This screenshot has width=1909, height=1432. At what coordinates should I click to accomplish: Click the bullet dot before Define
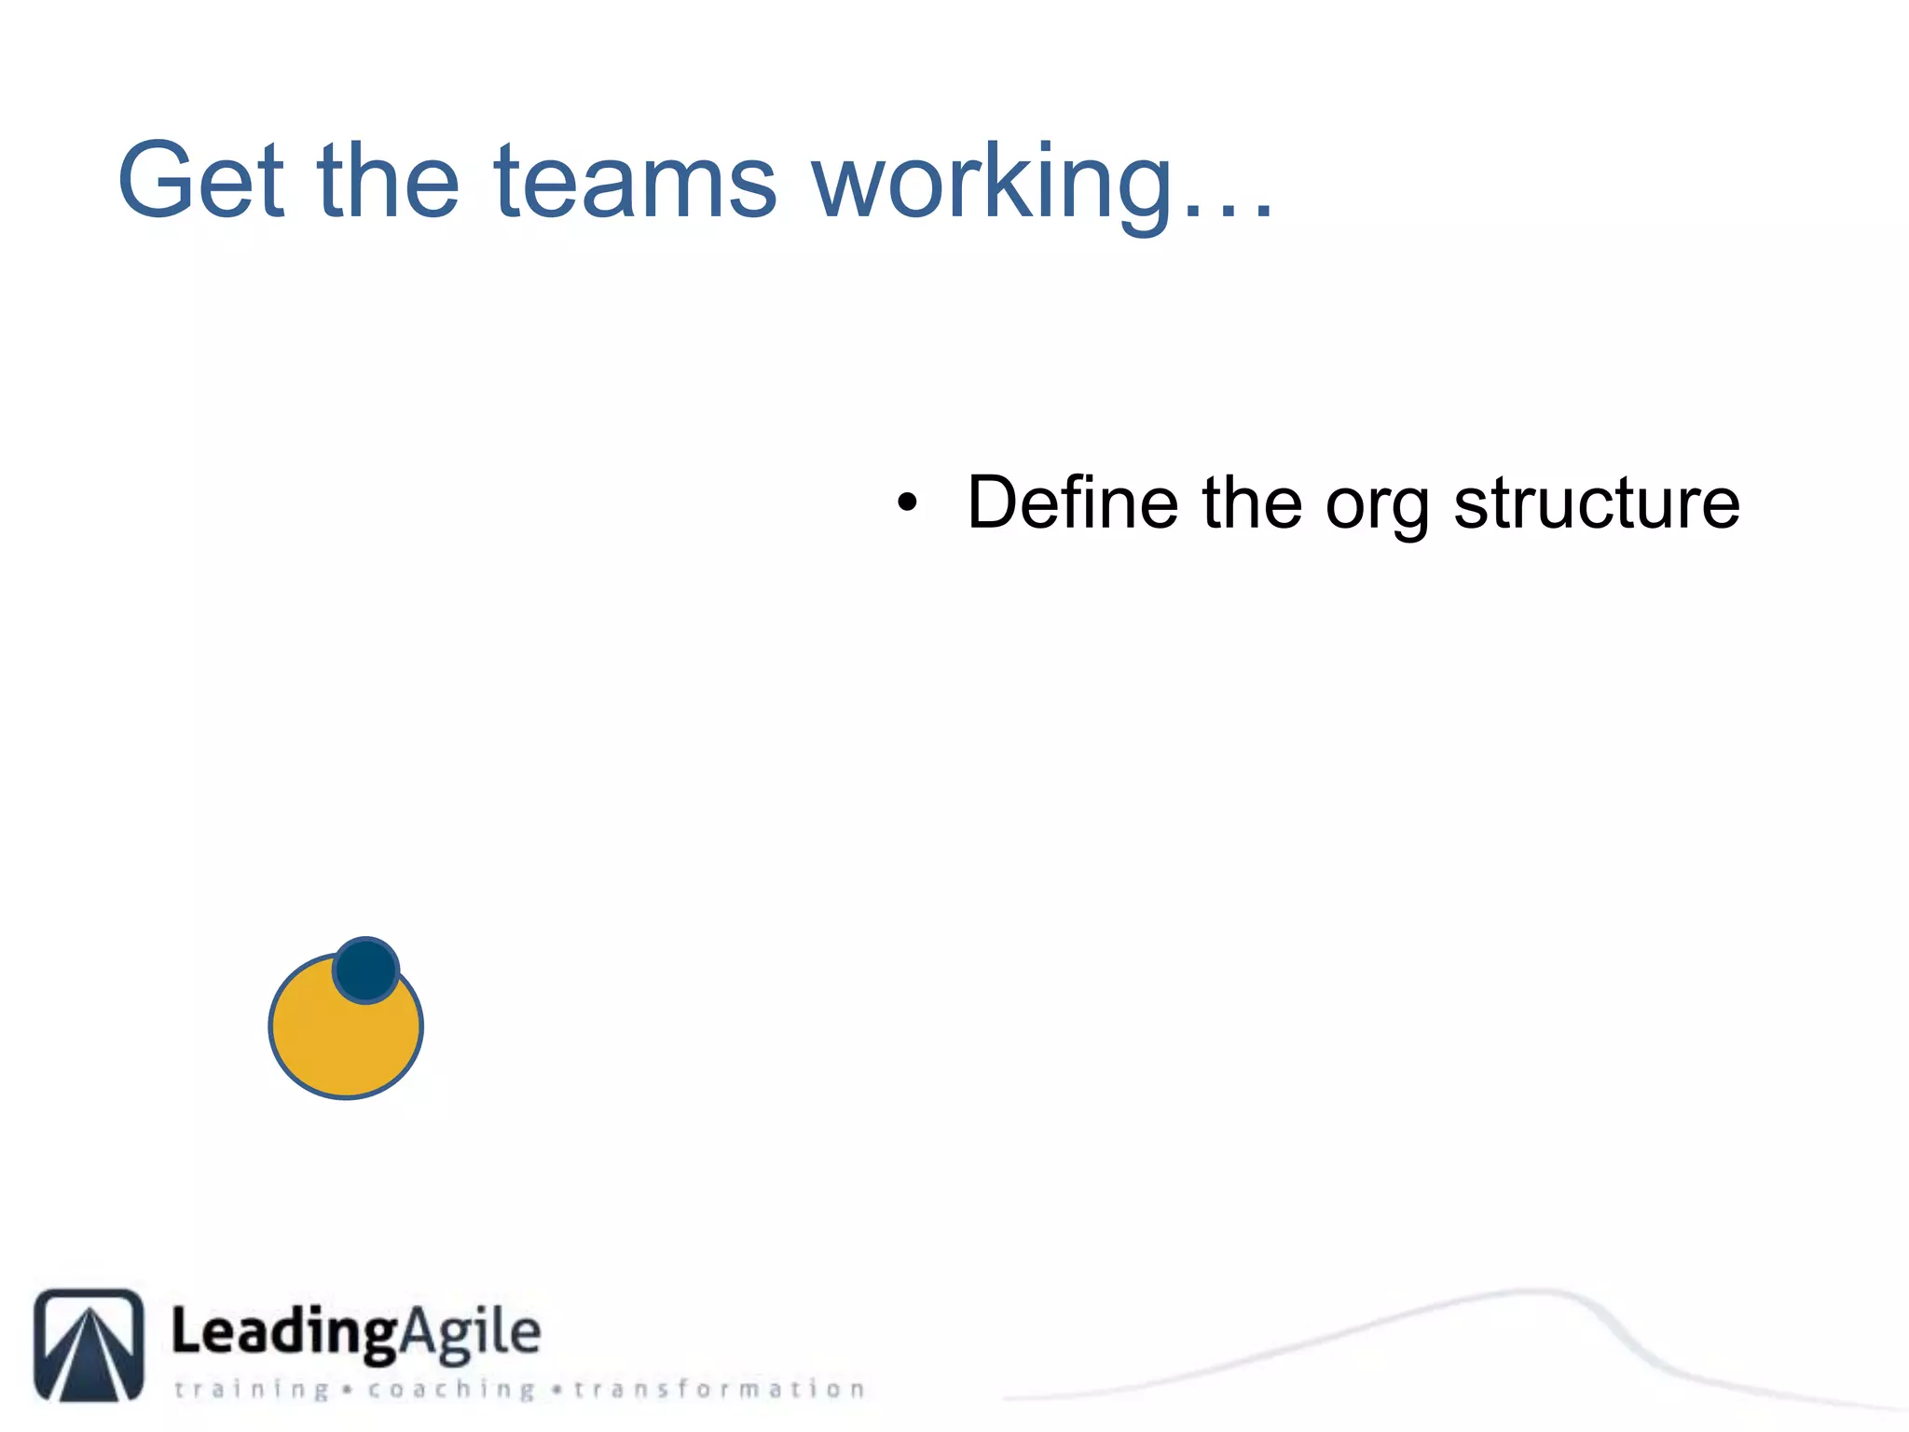point(907,504)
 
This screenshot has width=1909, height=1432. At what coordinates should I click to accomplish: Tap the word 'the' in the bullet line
point(1251,503)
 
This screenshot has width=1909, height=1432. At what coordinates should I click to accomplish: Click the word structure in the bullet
point(1596,503)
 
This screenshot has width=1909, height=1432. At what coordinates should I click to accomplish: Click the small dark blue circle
point(365,971)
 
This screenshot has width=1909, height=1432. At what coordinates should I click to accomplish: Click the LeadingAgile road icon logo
point(89,1345)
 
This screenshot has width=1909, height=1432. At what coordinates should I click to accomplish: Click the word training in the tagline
point(252,1390)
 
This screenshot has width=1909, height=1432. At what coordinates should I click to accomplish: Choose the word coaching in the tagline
point(451,1390)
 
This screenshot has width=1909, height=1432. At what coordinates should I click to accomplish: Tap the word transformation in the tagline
point(719,1389)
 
